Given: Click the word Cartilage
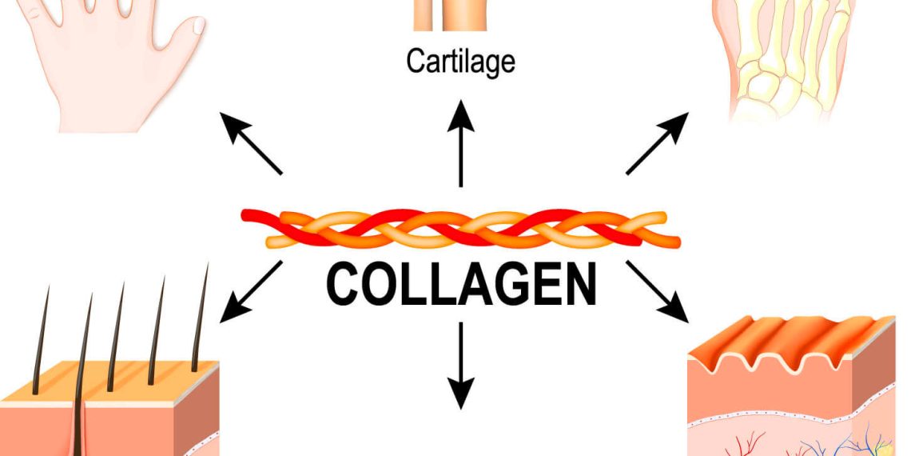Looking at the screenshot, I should click(x=460, y=62).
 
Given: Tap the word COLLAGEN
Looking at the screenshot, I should click(x=461, y=285).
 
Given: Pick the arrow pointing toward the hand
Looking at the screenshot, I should click(x=251, y=144).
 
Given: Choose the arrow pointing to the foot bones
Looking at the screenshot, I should click(x=656, y=144).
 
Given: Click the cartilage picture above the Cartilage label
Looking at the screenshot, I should click(x=450, y=14).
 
